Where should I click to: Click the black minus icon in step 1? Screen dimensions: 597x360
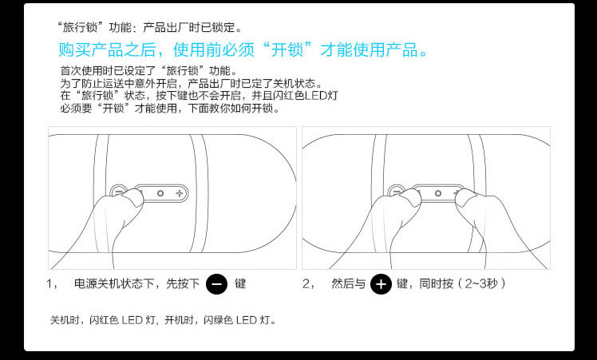[216, 284]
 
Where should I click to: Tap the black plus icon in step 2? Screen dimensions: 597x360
[382, 284]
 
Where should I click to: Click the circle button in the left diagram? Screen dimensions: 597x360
[160, 193]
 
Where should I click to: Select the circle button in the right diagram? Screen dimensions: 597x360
[438, 193]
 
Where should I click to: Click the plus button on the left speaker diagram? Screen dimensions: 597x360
[180, 193]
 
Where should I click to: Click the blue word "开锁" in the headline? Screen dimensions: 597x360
[287, 50]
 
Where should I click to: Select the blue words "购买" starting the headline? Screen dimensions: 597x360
[75, 50]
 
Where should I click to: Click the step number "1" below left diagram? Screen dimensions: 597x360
[49, 284]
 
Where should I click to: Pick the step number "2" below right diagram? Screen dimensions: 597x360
[306, 284]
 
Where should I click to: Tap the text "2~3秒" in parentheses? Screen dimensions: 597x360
[481, 284]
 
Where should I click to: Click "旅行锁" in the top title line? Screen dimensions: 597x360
[80, 27]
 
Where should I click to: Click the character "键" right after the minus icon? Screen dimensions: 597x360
[240, 284]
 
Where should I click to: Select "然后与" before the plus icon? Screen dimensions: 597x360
[348, 284]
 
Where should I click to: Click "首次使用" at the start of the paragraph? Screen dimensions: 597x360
[81, 71]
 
